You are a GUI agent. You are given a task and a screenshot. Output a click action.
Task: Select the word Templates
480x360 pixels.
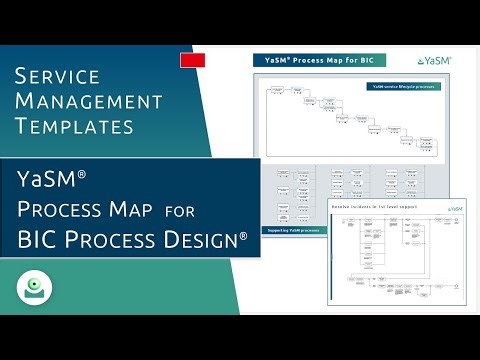pyautogui.click(x=76, y=126)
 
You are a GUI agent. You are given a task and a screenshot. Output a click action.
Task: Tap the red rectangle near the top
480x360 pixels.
pyautogui.click(x=192, y=61)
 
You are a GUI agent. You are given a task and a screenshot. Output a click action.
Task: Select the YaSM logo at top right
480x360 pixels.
pyautogui.click(x=434, y=61)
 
